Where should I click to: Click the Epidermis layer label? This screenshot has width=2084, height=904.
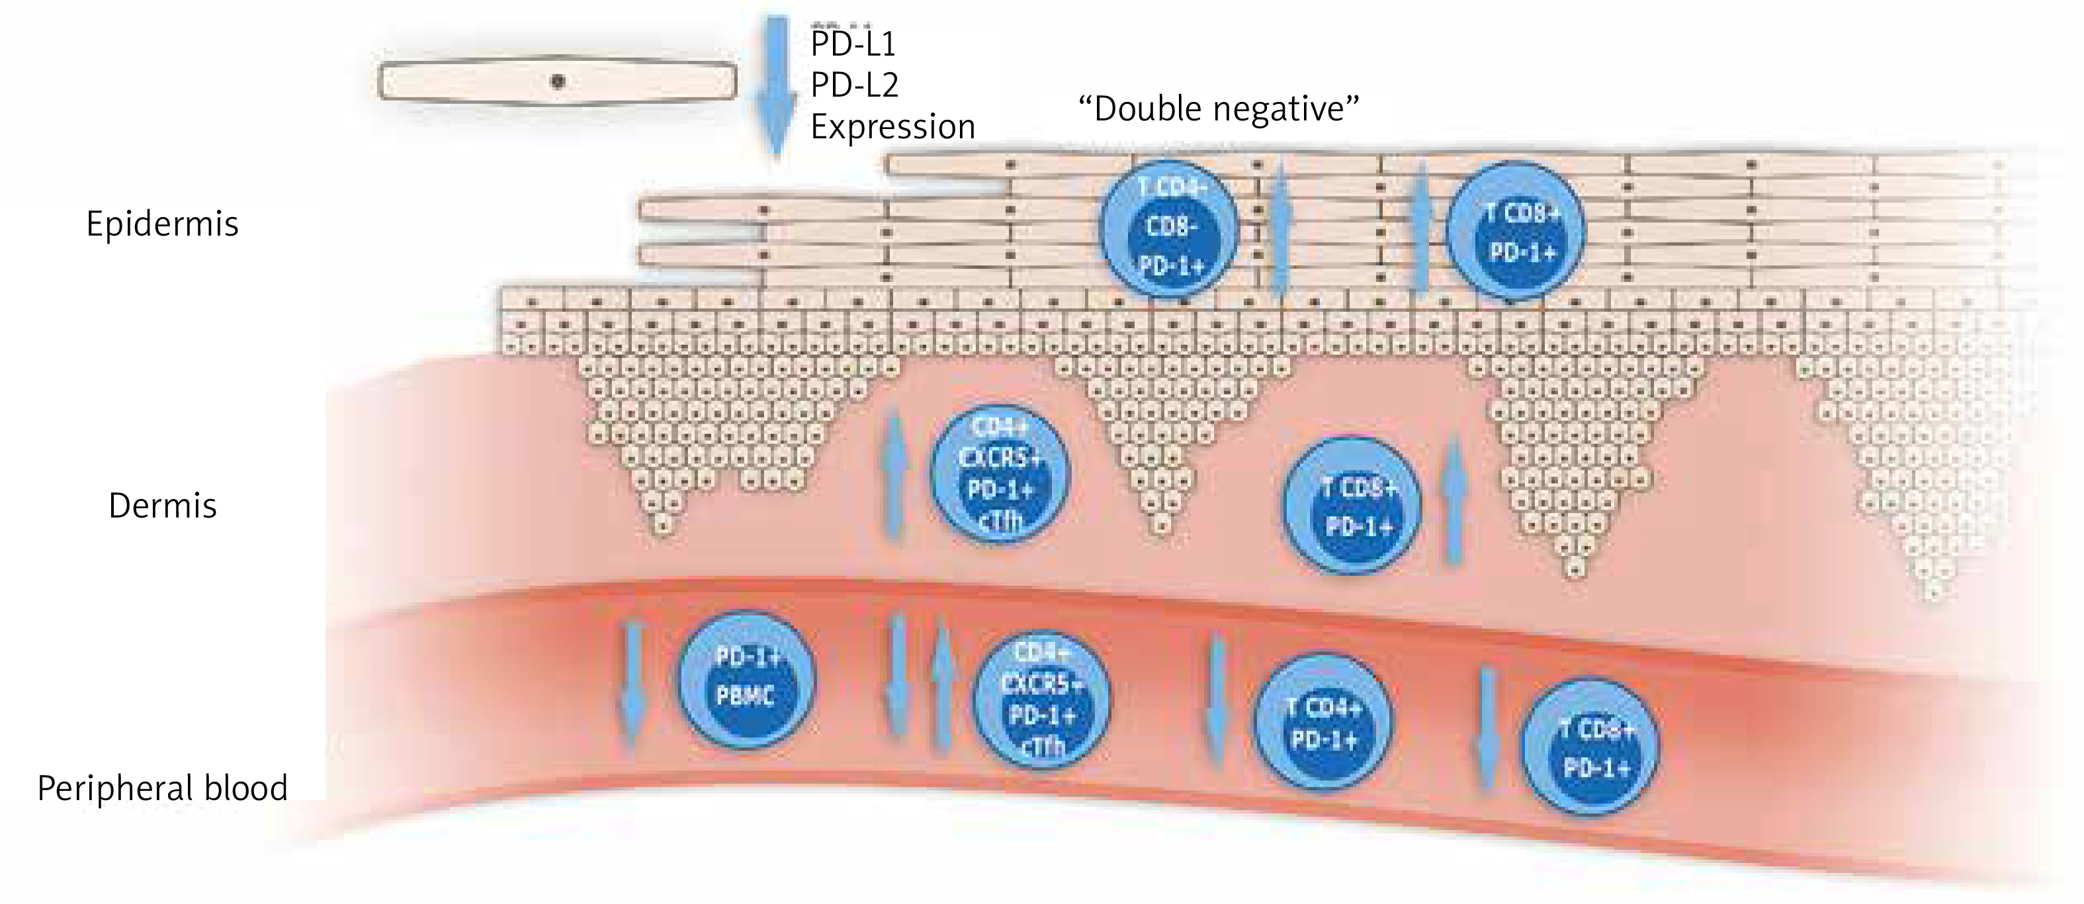click(162, 224)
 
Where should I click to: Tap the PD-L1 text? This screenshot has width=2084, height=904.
click(853, 44)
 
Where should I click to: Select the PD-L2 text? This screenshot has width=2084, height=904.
click(854, 85)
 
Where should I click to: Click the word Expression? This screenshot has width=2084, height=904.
click(892, 127)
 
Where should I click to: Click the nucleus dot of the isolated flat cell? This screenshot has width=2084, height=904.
click(558, 81)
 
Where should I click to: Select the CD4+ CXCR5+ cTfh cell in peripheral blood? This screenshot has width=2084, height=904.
click(1042, 700)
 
